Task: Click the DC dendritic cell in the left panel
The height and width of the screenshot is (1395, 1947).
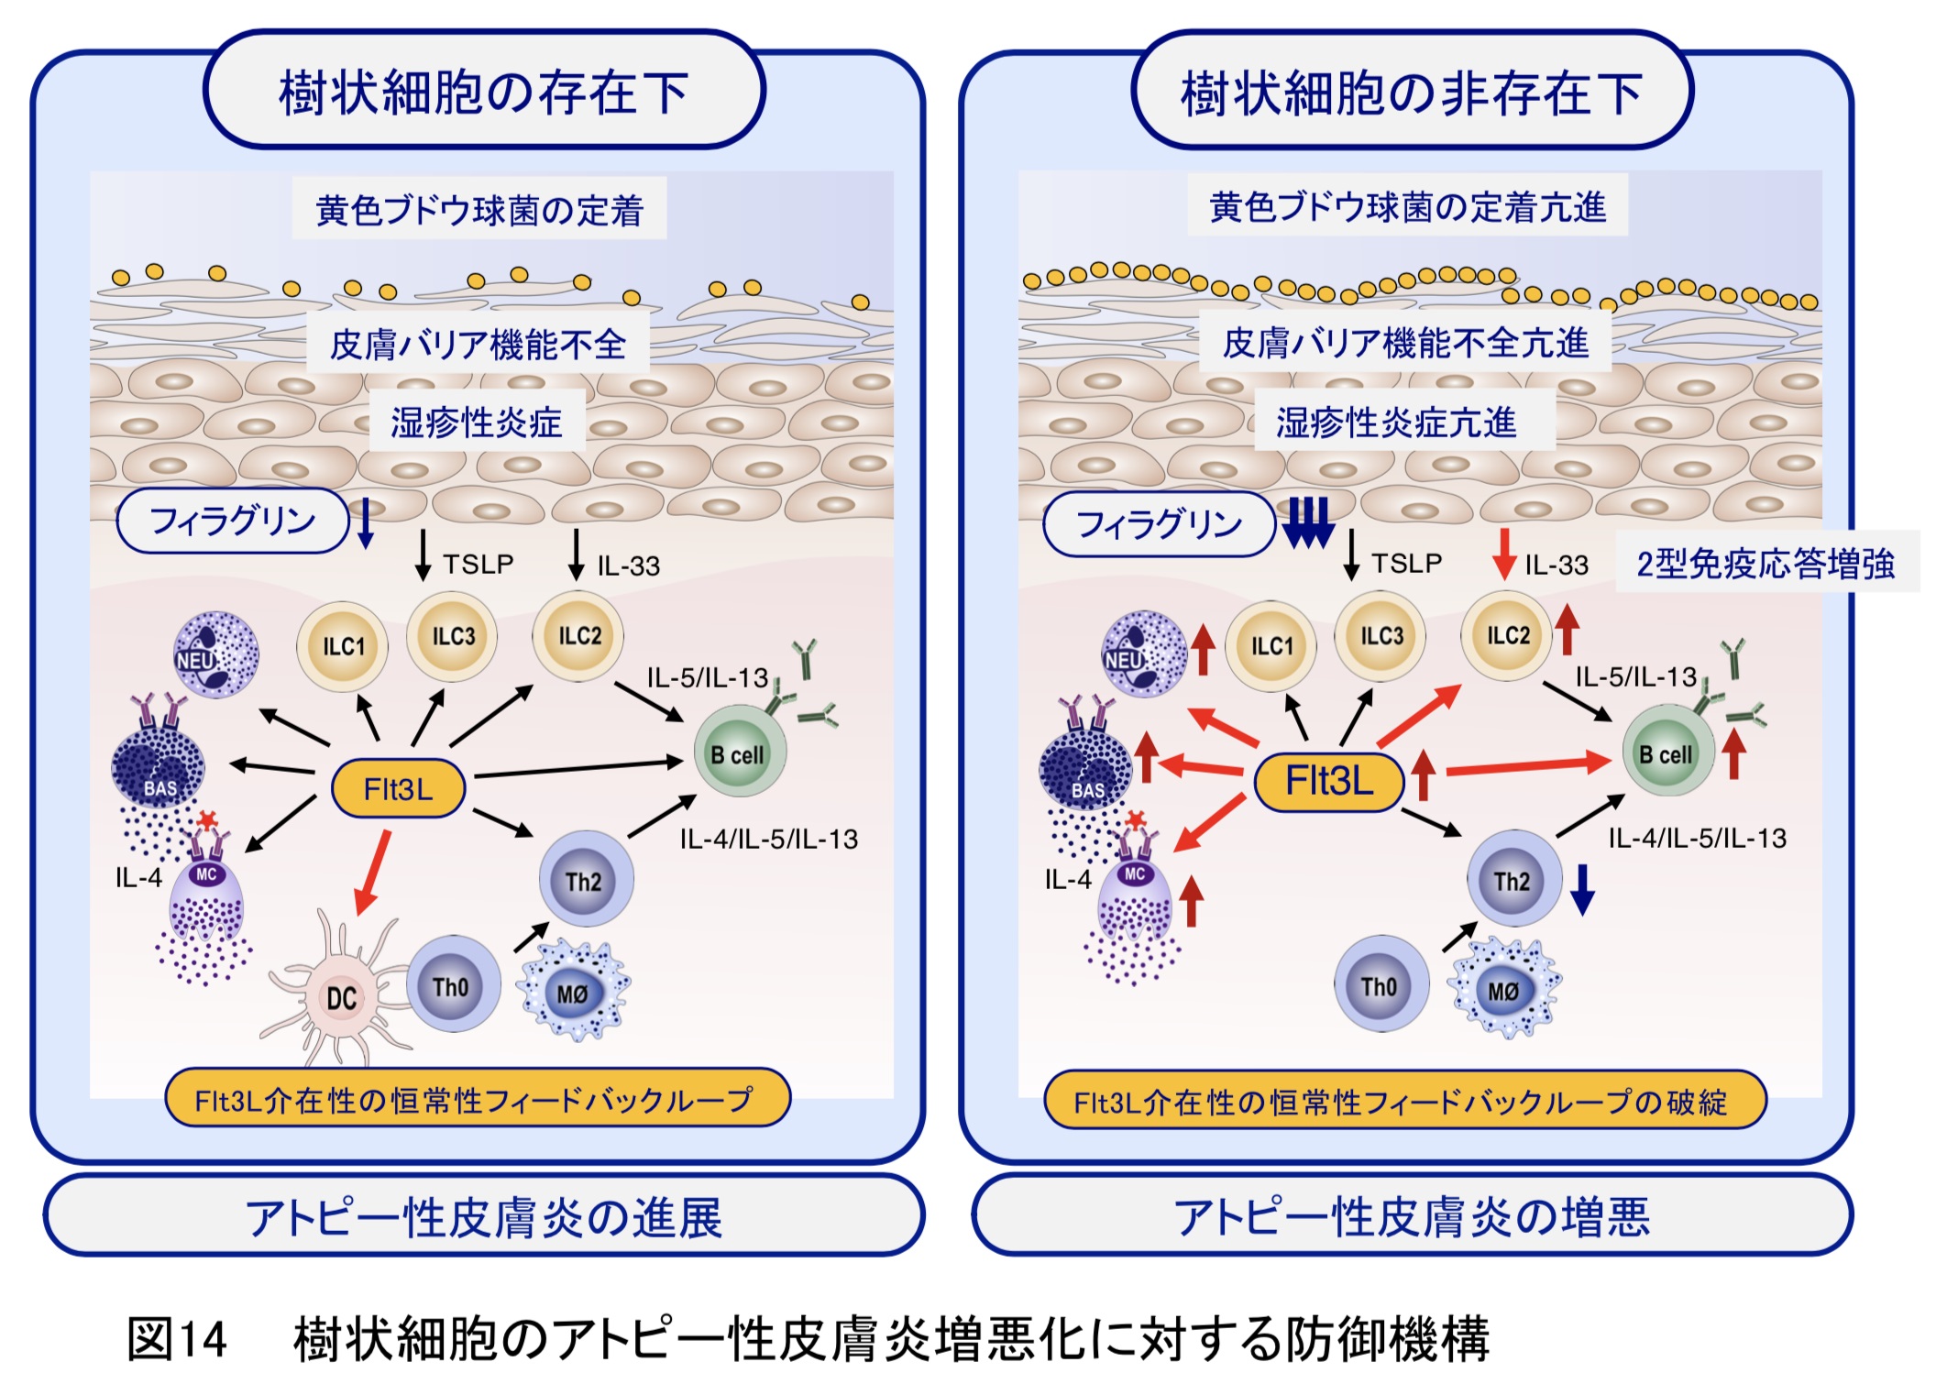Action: point(340,997)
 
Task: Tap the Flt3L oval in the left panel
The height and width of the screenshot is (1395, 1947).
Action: point(398,788)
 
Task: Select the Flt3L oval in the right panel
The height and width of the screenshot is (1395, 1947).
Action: point(1328,782)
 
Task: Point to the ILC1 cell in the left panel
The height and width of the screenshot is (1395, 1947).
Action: point(343,646)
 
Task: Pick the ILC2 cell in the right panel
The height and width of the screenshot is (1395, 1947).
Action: point(1507,635)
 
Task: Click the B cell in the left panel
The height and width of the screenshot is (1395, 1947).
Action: point(739,754)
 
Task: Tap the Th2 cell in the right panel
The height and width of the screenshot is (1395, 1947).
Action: point(1512,881)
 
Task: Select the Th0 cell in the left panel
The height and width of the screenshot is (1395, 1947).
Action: point(452,987)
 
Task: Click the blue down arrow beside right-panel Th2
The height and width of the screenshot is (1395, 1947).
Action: point(1582,888)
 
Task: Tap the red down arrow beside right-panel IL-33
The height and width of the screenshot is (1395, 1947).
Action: point(1503,554)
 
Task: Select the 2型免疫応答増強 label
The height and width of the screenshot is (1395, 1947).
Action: point(1765,563)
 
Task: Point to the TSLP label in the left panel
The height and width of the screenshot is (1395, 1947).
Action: point(478,564)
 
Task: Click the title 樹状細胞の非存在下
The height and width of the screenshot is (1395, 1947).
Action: point(1411,93)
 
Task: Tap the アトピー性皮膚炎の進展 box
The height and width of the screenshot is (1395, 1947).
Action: point(483,1217)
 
